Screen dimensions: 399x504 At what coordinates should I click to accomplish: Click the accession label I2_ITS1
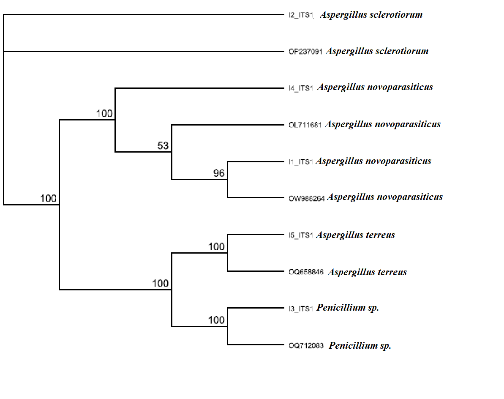[301, 16]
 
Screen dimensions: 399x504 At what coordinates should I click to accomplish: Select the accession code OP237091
[306, 52]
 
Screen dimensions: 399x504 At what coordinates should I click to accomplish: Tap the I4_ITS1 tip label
[301, 88]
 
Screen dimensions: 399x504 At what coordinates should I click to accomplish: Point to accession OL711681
[305, 125]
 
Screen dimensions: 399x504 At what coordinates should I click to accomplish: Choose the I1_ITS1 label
[301, 162]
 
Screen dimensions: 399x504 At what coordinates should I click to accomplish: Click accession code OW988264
[306, 198]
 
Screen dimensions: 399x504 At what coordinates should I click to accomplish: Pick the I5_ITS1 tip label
[301, 235]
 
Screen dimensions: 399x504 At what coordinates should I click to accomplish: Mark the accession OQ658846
[306, 272]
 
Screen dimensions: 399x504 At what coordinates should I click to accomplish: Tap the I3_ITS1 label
[301, 309]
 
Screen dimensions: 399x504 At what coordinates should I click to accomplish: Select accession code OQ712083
[306, 346]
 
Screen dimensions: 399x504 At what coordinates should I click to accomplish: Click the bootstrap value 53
[163, 146]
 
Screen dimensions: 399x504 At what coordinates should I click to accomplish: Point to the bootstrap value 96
[219, 173]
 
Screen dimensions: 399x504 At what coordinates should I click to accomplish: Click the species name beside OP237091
[377, 51]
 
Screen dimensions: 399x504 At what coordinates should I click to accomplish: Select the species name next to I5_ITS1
[355, 235]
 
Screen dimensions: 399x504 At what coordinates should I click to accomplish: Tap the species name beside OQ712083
[360, 346]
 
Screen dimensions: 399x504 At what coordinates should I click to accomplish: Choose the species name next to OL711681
[383, 124]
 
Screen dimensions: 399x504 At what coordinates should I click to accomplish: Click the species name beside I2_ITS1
[371, 15]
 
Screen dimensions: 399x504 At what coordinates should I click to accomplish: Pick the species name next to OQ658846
[367, 272]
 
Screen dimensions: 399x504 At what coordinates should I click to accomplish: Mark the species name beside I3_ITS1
[348, 308]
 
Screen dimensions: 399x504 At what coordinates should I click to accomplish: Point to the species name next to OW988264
[385, 197]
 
